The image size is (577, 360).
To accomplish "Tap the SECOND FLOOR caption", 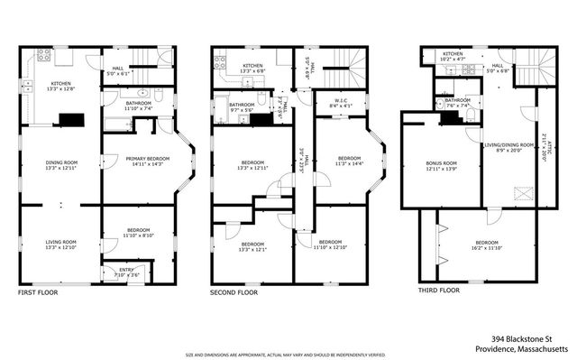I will [x=234, y=292].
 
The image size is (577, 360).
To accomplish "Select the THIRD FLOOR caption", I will [x=438, y=291].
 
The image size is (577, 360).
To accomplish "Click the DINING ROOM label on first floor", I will [x=61, y=163].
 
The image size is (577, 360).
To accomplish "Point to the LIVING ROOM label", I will [x=61, y=241].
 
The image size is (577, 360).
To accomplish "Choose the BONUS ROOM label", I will [x=441, y=163].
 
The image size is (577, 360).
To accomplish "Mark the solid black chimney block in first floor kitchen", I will [x=68, y=118].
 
